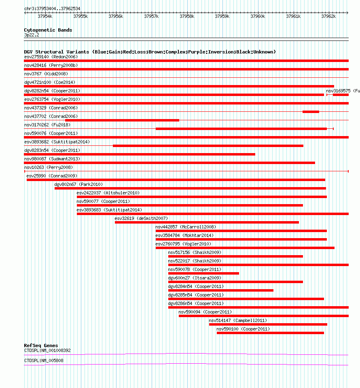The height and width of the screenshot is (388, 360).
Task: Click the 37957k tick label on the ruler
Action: (151, 16)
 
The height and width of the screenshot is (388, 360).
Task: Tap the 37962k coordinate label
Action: (328, 16)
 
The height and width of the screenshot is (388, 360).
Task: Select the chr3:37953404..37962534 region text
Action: (52, 9)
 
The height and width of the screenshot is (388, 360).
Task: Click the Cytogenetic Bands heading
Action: (48, 30)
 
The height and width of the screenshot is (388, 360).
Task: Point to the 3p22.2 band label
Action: (32, 35)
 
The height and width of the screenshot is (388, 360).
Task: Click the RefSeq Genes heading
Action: (41, 345)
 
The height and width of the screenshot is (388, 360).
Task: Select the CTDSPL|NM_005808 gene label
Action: (44, 360)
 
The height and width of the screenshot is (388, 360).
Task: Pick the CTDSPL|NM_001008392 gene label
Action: (47, 350)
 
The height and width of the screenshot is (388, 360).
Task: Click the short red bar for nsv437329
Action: (311, 112)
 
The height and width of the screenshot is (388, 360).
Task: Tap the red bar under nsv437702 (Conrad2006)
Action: (122, 120)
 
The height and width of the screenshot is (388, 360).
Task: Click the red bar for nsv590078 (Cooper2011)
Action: (203, 273)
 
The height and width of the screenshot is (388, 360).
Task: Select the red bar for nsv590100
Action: (270, 333)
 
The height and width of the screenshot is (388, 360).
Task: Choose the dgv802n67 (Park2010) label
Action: (78, 184)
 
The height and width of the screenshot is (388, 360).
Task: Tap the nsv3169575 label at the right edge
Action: (342, 91)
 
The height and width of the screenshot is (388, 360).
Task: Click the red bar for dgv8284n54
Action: (221, 290)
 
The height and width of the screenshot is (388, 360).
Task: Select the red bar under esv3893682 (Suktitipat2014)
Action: (208, 146)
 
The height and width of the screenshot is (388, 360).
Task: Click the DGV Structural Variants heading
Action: (150, 52)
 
